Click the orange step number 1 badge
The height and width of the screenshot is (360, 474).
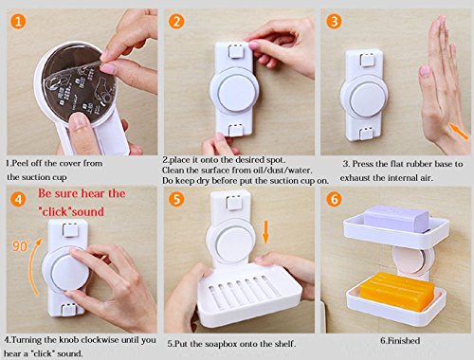(x=18, y=21)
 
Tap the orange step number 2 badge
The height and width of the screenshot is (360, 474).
(x=175, y=22)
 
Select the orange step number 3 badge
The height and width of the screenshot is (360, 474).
(x=334, y=22)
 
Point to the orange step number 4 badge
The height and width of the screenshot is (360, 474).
(x=18, y=199)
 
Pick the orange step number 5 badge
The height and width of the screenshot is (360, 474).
(x=176, y=199)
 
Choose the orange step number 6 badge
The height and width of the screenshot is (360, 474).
(x=334, y=199)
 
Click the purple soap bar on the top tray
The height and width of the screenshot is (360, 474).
(x=396, y=219)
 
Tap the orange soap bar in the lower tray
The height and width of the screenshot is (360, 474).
(x=397, y=291)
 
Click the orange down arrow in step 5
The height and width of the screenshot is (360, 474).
(x=265, y=232)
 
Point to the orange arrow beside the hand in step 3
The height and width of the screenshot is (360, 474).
(x=459, y=132)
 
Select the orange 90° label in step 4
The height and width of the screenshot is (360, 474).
(x=21, y=245)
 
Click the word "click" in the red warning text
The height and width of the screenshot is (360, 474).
(x=55, y=211)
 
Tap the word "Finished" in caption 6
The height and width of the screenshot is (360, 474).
(x=404, y=341)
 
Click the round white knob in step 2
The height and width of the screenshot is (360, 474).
(x=235, y=92)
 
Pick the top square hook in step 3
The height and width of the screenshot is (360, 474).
(x=367, y=60)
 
